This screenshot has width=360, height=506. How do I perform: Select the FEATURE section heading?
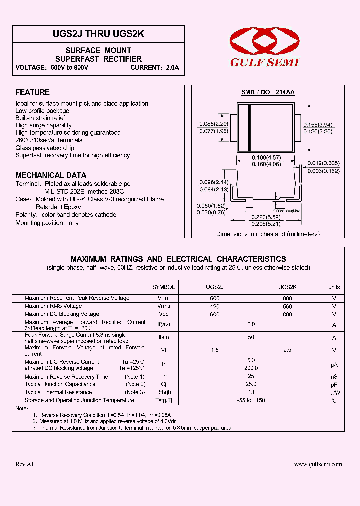tap(32, 92)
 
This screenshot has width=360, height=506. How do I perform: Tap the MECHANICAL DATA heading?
tap(47, 175)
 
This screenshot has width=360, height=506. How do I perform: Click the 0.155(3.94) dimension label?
tap(318, 124)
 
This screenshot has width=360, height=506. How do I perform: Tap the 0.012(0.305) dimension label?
tap(324, 164)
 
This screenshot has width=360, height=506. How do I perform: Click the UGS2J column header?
tap(215, 287)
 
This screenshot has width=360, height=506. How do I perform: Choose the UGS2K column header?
tap(287, 287)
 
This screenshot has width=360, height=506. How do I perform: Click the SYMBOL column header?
tap(163, 287)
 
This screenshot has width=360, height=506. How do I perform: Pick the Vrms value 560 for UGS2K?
tap(287, 306)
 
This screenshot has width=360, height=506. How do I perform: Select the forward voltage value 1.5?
tap(215, 350)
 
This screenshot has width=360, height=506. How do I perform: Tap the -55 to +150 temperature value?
tap(251, 400)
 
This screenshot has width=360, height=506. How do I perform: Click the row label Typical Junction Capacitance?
tap(60, 384)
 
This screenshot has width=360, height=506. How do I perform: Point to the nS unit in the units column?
tap(334, 376)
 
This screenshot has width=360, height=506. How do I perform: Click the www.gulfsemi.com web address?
tap(318, 464)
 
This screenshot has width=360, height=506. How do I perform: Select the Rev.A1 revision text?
tap(25, 464)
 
